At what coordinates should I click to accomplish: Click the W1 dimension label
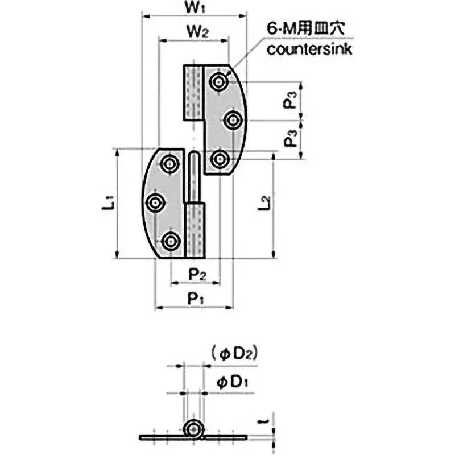coord(193,9)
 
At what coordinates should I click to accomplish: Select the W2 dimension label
coord(195,33)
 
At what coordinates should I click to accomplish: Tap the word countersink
coord(310,49)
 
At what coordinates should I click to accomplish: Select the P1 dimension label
coord(195,297)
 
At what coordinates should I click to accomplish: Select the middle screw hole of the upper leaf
coord(232,121)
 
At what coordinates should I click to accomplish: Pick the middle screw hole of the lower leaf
coord(154,202)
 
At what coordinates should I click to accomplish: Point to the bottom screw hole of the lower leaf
coord(169,241)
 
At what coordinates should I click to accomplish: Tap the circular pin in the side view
coord(194,429)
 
